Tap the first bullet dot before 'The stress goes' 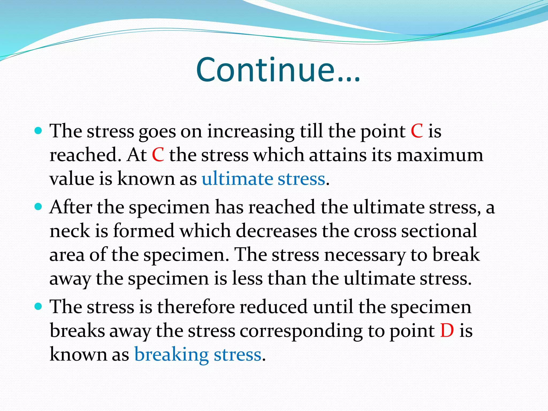[x=39, y=131]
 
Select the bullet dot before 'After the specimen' [x=39, y=207]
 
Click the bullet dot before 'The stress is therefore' [x=39, y=306]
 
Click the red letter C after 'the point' [x=417, y=131]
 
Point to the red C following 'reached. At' [x=158, y=155]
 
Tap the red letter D [x=447, y=331]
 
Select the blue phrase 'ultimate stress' [x=263, y=179]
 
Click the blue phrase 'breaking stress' [x=198, y=355]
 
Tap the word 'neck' [x=70, y=231]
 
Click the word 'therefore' [x=196, y=307]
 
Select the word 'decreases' [x=276, y=231]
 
